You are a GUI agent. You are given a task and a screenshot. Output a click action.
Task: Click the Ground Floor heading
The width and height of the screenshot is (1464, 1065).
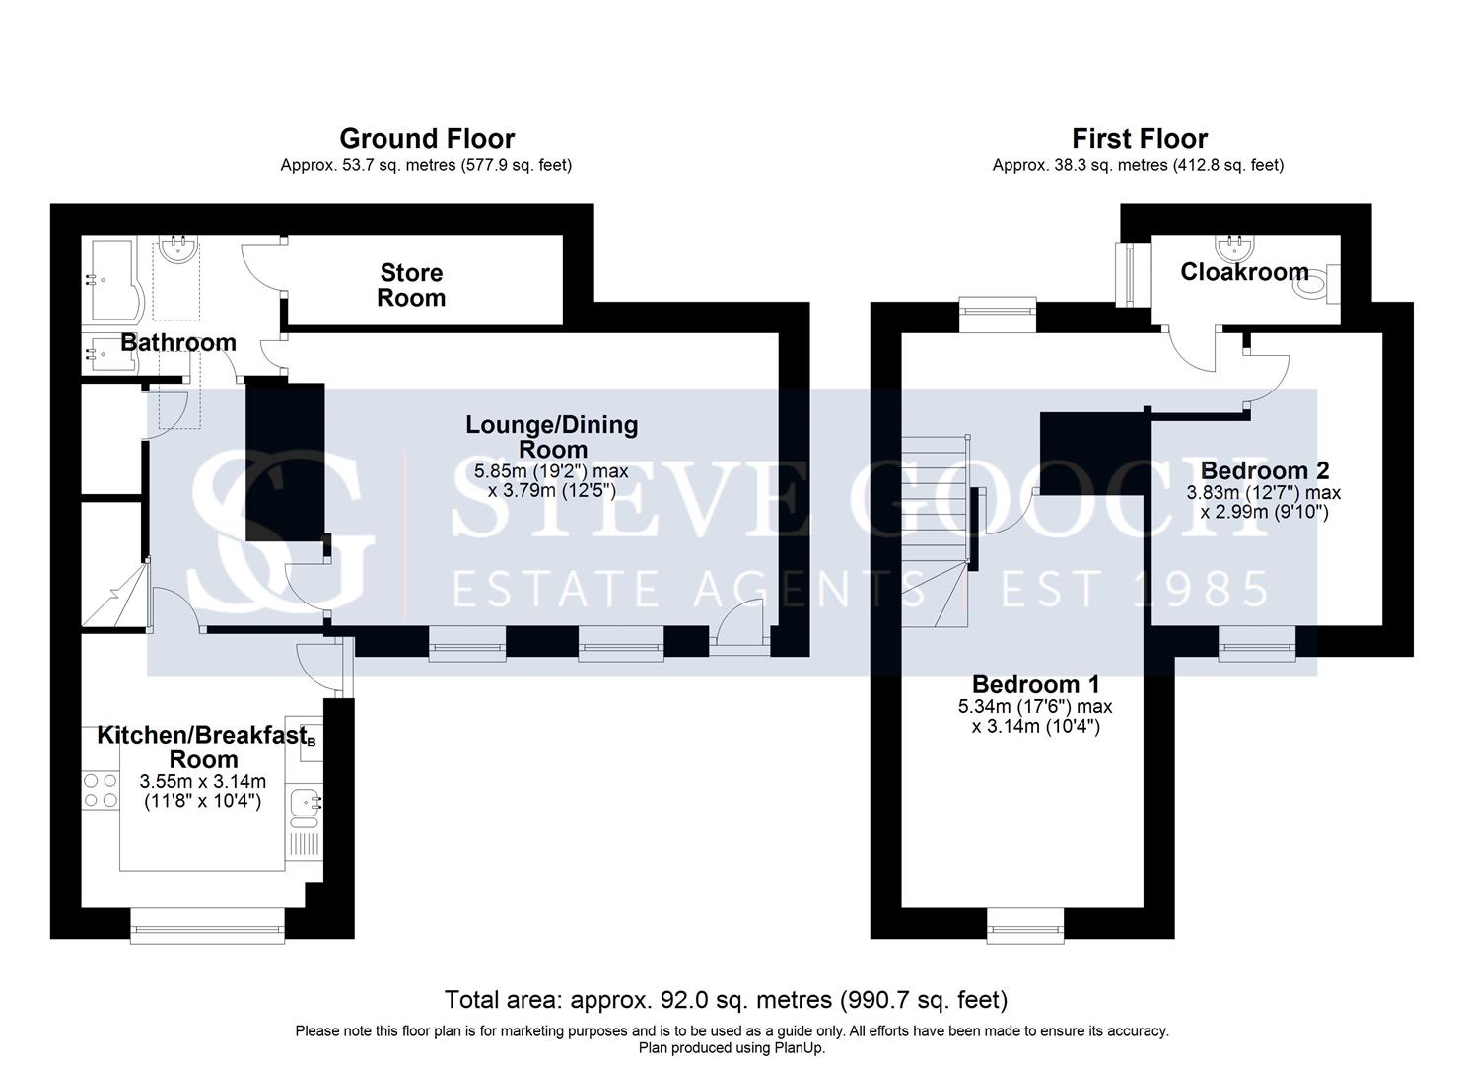coord(427,139)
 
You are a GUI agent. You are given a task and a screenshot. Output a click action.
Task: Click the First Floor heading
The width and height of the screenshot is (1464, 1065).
coord(1140,139)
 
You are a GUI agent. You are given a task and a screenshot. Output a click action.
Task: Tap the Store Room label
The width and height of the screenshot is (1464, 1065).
coord(411,285)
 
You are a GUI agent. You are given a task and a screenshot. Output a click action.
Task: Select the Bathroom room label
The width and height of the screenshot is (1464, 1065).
coord(178,342)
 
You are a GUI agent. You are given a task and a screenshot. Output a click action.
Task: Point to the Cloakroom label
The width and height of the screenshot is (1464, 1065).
coord(1244,272)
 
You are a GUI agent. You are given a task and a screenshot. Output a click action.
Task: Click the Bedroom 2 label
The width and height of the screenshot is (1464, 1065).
coord(1265,470)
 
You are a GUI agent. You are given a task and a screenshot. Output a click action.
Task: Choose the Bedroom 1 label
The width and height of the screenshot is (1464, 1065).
coord(1036,684)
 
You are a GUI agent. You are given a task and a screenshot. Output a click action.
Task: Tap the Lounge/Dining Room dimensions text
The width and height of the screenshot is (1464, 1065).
coord(552,480)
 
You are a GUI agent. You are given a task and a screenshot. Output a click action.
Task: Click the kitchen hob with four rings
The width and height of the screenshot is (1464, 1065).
coord(101,790)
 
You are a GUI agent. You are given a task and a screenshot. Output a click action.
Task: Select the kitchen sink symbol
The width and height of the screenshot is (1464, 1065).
coord(305,808)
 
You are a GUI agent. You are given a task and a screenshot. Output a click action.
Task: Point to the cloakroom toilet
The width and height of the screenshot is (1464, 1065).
coord(1319,284)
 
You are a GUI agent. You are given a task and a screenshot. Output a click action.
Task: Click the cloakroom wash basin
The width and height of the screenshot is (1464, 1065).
coord(1234,248)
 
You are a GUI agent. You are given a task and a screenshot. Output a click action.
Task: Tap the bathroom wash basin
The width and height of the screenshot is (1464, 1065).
coord(177,248)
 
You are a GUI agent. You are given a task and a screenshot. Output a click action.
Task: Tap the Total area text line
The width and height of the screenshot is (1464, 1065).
coord(727,1000)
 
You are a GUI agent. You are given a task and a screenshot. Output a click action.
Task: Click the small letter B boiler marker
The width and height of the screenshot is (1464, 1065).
coord(312,742)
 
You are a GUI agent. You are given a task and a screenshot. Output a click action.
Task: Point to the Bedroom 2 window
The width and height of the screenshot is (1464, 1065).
coord(1257,644)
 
